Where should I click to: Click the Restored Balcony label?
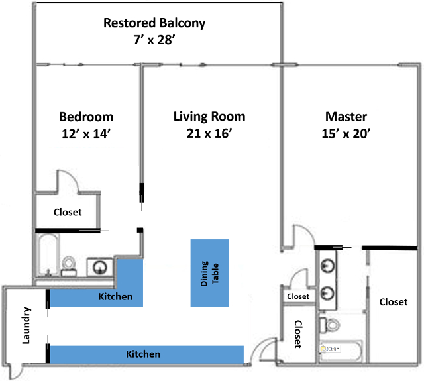(x=154, y=23)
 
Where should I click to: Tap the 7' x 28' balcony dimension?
(x=154, y=40)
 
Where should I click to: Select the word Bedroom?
(x=86, y=117)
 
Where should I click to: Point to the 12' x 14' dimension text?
(x=86, y=133)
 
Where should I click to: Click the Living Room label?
(x=209, y=117)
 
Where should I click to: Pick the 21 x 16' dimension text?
(x=209, y=133)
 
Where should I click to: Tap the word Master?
(x=342, y=117)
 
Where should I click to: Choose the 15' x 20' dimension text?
(x=342, y=133)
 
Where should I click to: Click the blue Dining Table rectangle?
(x=209, y=272)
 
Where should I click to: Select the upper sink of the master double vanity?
(x=327, y=265)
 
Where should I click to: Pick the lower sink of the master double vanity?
(x=327, y=292)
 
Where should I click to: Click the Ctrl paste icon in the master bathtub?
(x=330, y=348)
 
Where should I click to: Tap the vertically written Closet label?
(x=298, y=335)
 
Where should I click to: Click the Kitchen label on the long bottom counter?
(x=143, y=354)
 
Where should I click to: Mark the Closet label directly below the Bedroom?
(x=67, y=213)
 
